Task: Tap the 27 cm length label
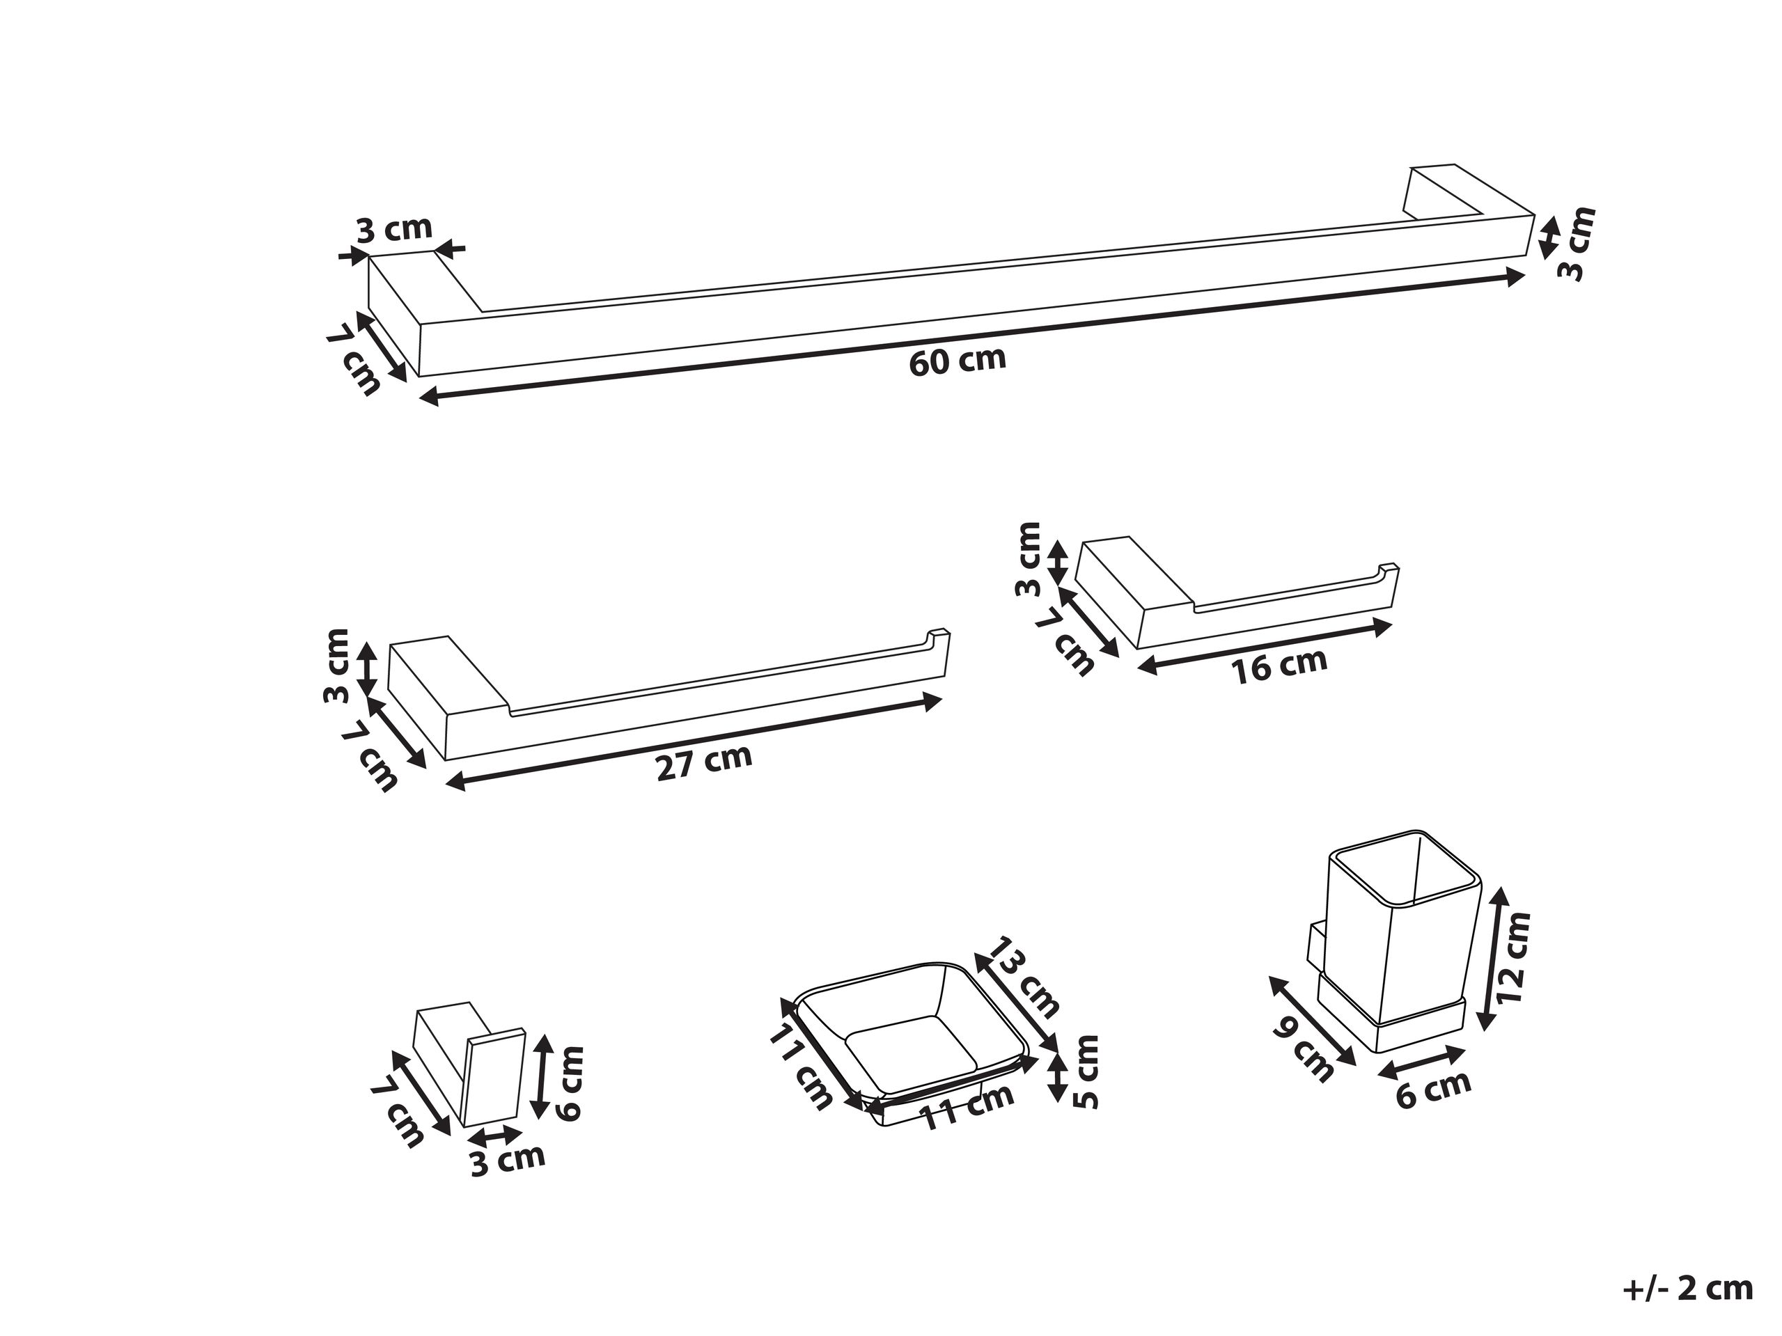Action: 704,762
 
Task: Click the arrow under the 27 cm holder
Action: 693,740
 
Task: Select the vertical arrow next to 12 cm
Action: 1490,958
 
